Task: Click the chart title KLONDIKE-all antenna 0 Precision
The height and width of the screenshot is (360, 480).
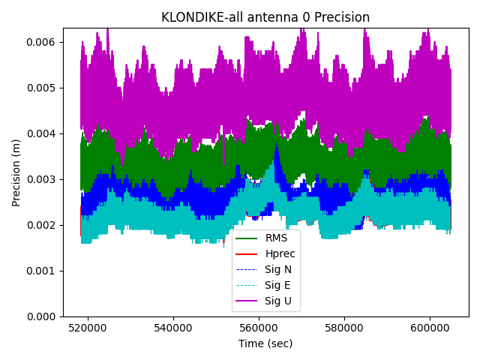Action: pyautogui.click(x=265, y=17)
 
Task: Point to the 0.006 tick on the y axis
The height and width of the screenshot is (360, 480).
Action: pyautogui.click(x=42, y=42)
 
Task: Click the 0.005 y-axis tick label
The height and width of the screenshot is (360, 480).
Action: pyautogui.click(x=42, y=88)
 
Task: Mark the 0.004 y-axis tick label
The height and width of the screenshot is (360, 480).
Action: pyautogui.click(x=42, y=133)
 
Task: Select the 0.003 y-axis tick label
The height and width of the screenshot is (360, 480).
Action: pyautogui.click(x=42, y=179)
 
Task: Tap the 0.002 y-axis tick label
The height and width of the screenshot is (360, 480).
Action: pyautogui.click(x=42, y=225)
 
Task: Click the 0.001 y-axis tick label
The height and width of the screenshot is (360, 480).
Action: pyautogui.click(x=42, y=271)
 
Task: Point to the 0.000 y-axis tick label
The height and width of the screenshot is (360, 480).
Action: pyautogui.click(x=42, y=316)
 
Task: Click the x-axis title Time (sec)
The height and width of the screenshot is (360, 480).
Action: pyautogui.click(x=265, y=343)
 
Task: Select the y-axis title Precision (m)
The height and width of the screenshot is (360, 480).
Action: pyautogui.click(x=16, y=172)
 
